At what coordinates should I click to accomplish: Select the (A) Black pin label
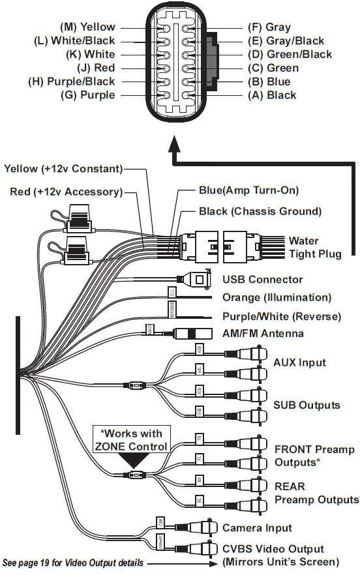(272, 95)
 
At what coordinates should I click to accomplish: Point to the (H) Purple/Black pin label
(72, 81)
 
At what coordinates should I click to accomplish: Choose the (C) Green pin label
(273, 68)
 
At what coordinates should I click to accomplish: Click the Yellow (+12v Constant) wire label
(63, 169)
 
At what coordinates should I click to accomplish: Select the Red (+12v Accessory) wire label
(67, 192)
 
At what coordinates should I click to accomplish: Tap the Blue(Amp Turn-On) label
(248, 190)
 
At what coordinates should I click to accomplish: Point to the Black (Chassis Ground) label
(260, 211)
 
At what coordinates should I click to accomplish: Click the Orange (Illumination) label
(277, 297)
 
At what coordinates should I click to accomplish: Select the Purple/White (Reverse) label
(281, 317)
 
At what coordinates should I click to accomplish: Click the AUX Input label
(299, 362)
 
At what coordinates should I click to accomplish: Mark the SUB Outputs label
(307, 405)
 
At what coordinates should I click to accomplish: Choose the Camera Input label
(257, 527)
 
